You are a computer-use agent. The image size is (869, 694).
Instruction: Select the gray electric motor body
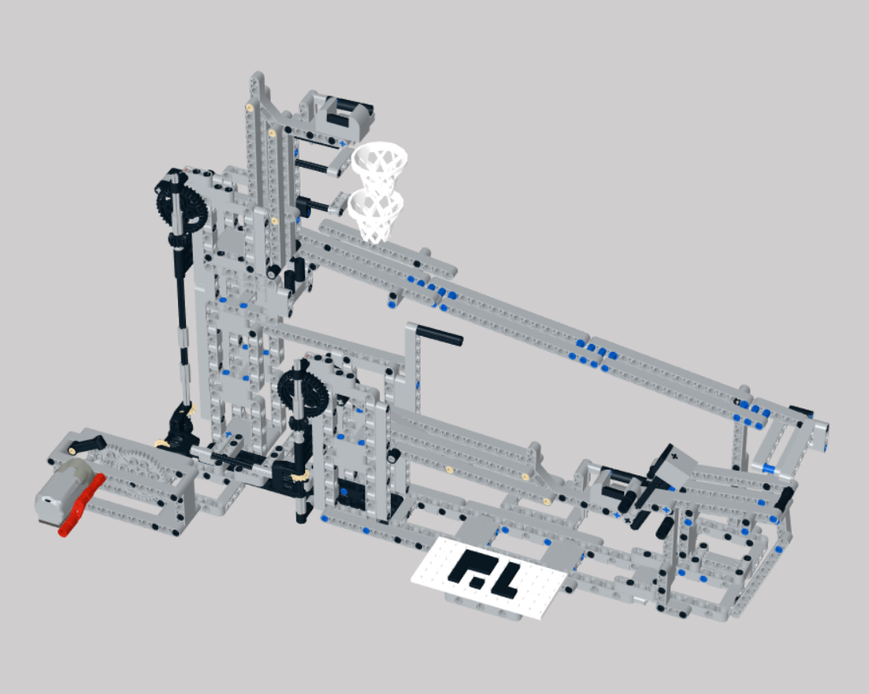pos(59,492)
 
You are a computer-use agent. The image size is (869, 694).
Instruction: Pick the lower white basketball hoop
pos(375,211)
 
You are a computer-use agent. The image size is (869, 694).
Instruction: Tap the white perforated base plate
pos(491,578)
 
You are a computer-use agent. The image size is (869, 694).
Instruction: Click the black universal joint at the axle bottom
pos(182,423)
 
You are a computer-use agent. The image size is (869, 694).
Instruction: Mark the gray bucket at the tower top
pos(339,114)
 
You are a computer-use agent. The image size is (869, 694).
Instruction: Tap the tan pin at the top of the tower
pos(251,109)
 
